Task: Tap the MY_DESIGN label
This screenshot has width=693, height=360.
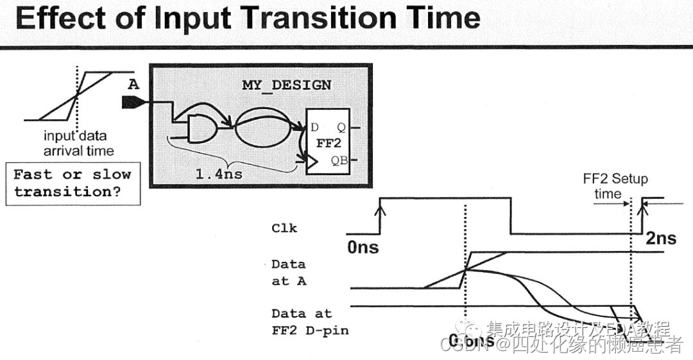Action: click(x=287, y=85)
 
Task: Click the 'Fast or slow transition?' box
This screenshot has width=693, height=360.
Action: click(x=73, y=184)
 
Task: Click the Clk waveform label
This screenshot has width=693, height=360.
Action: click(x=284, y=228)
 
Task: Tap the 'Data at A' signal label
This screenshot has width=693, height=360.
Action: click(x=288, y=272)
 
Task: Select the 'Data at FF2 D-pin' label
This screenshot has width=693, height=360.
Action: click(x=302, y=323)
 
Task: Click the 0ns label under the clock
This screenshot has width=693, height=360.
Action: click(x=363, y=247)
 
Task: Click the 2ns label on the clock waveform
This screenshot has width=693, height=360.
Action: click(x=660, y=238)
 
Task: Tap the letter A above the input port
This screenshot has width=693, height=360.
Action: click(x=133, y=84)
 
